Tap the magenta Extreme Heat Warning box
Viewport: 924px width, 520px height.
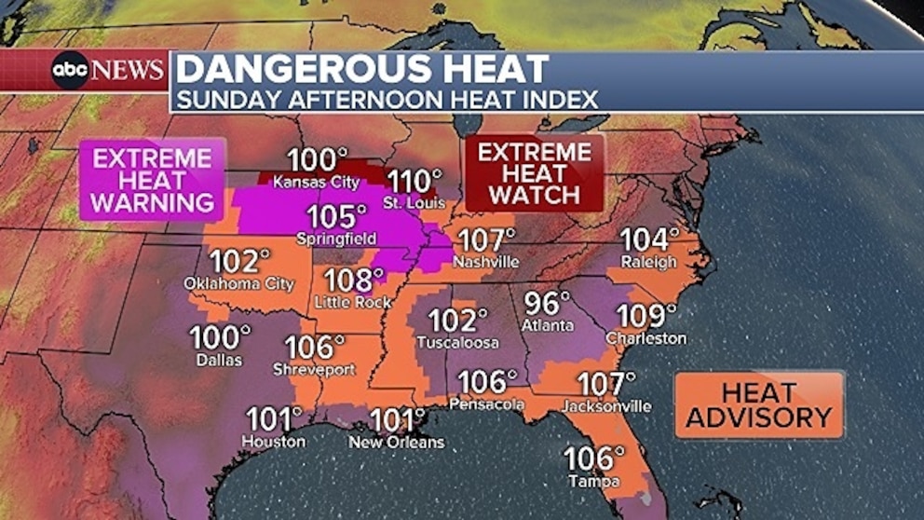pos(153,179)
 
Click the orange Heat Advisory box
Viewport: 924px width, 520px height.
pos(759,404)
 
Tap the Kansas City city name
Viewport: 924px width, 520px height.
pos(317,183)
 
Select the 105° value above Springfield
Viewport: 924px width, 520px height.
pos(337,217)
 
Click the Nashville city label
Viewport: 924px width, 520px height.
pos(486,262)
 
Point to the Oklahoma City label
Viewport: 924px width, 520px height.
pos(239,283)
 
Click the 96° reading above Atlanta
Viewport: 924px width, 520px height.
pos(547,304)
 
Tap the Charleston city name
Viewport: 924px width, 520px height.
pos(645,338)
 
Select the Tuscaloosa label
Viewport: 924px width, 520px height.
pos(457,343)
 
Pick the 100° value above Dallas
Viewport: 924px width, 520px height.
pos(221,337)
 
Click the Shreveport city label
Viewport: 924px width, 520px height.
pos(314,370)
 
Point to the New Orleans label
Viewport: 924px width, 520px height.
pos(396,442)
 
